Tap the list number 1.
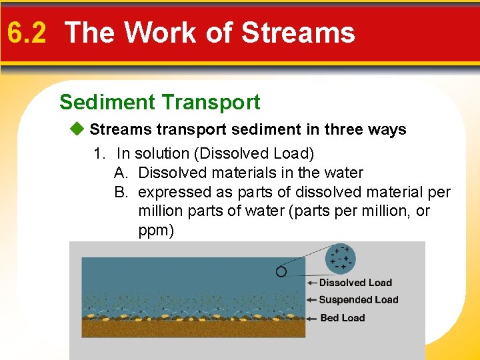[100, 153]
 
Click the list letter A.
[121, 173]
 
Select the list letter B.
[121, 193]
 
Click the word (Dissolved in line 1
[227, 153]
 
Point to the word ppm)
[156, 231]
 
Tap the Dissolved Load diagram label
[355, 283]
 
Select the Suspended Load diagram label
[359, 300]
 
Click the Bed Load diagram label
[343, 318]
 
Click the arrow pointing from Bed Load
[312, 318]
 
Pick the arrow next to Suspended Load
[312, 300]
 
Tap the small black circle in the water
[281, 271]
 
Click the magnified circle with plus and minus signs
[341, 258]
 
